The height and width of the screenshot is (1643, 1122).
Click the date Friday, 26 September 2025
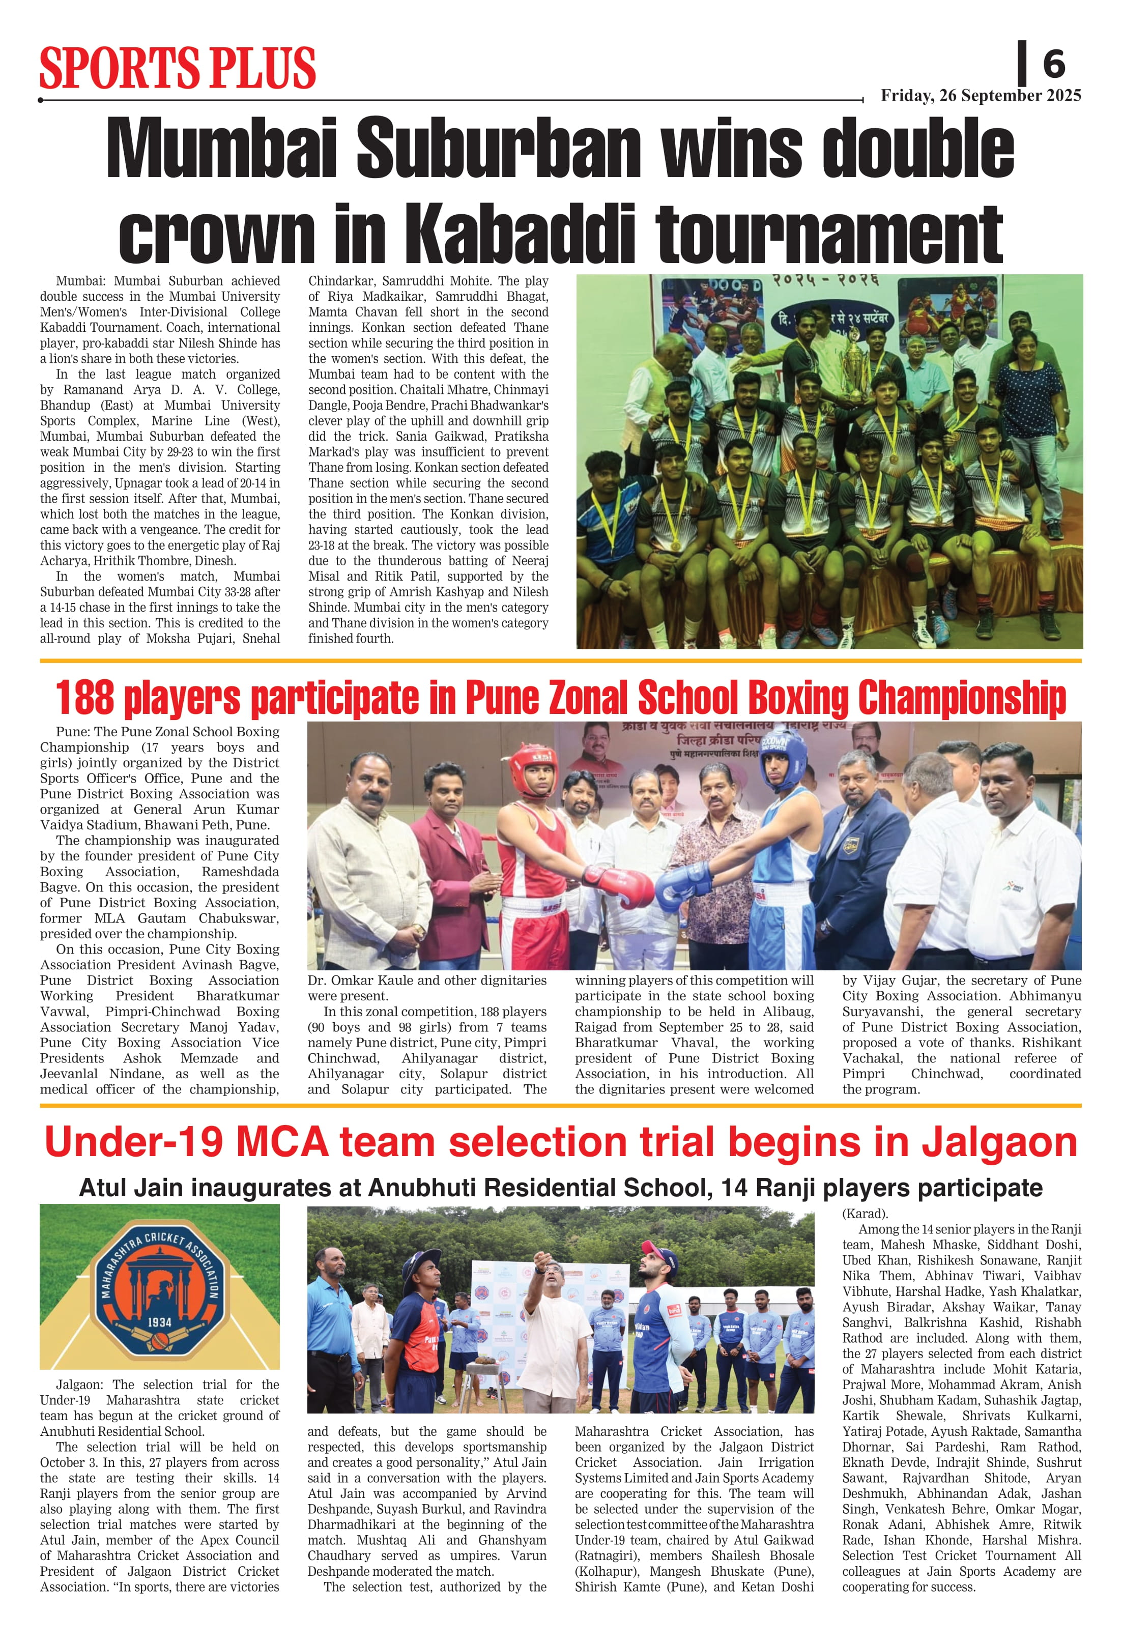(x=981, y=96)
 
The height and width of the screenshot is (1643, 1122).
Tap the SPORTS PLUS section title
(x=178, y=68)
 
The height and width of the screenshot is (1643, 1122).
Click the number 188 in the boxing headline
(x=84, y=697)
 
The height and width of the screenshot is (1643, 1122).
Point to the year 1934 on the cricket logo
(x=160, y=1321)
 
